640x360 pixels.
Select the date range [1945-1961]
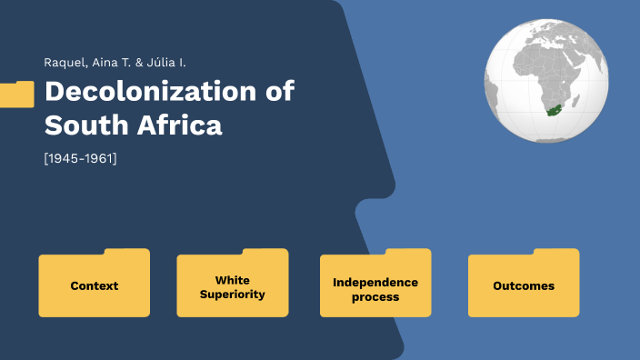80,158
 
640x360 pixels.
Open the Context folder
95,285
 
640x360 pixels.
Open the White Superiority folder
233,287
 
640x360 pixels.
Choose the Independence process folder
375,289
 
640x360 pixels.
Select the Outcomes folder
524,285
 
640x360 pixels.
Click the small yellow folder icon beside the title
16,94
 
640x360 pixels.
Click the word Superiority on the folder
233,295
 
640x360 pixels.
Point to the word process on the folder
375,296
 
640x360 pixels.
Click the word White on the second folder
233,280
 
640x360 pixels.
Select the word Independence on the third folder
375,283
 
